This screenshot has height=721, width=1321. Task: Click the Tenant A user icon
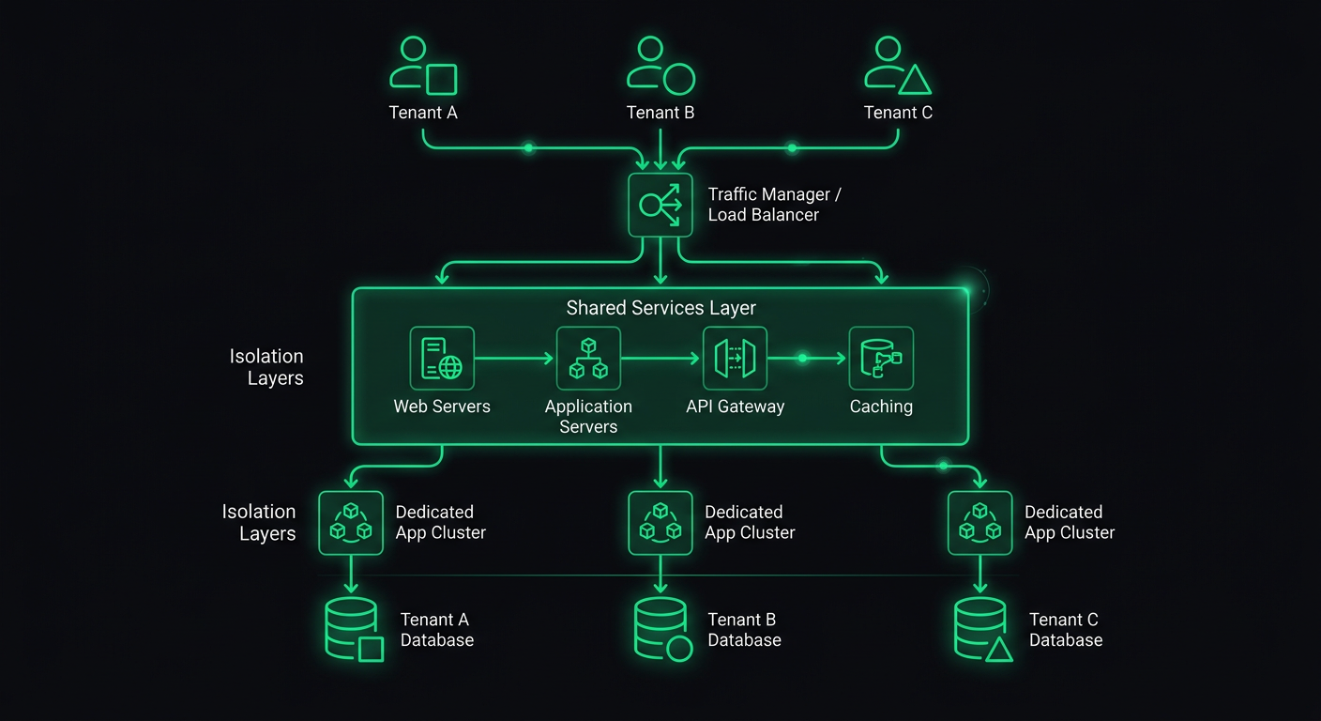pyautogui.click(x=422, y=66)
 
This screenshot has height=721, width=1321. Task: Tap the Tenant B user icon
pyautogui.click(x=660, y=66)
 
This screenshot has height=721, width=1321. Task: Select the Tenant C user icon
pyautogui.click(x=897, y=66)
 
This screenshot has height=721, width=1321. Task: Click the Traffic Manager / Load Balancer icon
pyautogui.click(x=660, y=205)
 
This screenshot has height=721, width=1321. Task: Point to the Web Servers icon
pyautogui.click(x=442, y=358)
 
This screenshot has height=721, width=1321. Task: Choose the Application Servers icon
pyautogui.click(x=588, y=358)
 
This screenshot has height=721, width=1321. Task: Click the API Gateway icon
pyautogui.click(x=735, y=358)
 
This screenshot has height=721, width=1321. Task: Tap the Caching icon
pyautogui.click(x=881, y=358)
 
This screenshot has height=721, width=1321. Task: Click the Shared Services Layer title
pyautogui.click(x=660, y=308)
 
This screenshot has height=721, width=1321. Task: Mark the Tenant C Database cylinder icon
pyautogui.click(x=982, y=629)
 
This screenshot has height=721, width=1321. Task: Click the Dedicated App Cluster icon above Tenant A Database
pyautogui.click(x=351, y=523)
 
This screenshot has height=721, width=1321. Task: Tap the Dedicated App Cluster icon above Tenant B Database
pyautogui.click(x=660, y=523)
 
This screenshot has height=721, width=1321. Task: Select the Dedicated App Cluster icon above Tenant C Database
pyautogui.click(x=979, y=523)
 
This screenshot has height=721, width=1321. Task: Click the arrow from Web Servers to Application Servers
pyautogui.click(x=515, y=359)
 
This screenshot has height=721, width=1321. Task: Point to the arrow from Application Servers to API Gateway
pyautogui.click(x=661, y=359)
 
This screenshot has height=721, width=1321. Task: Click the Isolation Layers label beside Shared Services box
pyautogui.click(x=267, y=367)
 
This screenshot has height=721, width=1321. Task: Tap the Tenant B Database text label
pyautogui.click(x=744, y=630)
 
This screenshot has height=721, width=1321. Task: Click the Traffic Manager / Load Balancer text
pyautogui.click(x=774, y=205)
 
